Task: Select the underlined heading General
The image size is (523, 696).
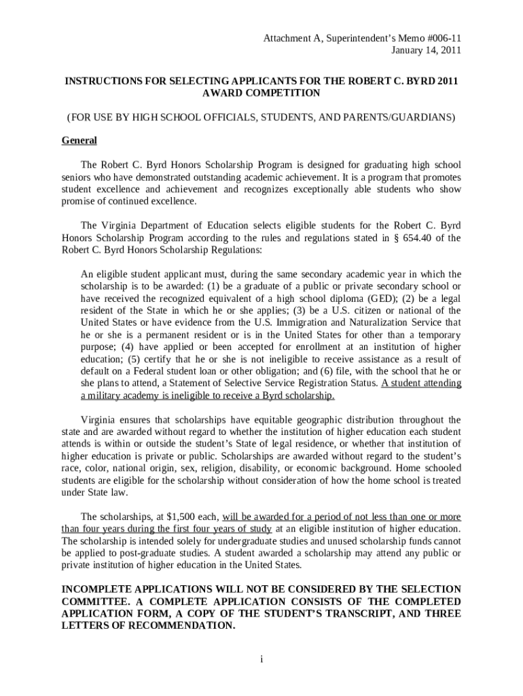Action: pyautogui.click(x=79, y=141)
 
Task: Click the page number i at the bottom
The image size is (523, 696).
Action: pyautogui.click(x=261, y=659)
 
